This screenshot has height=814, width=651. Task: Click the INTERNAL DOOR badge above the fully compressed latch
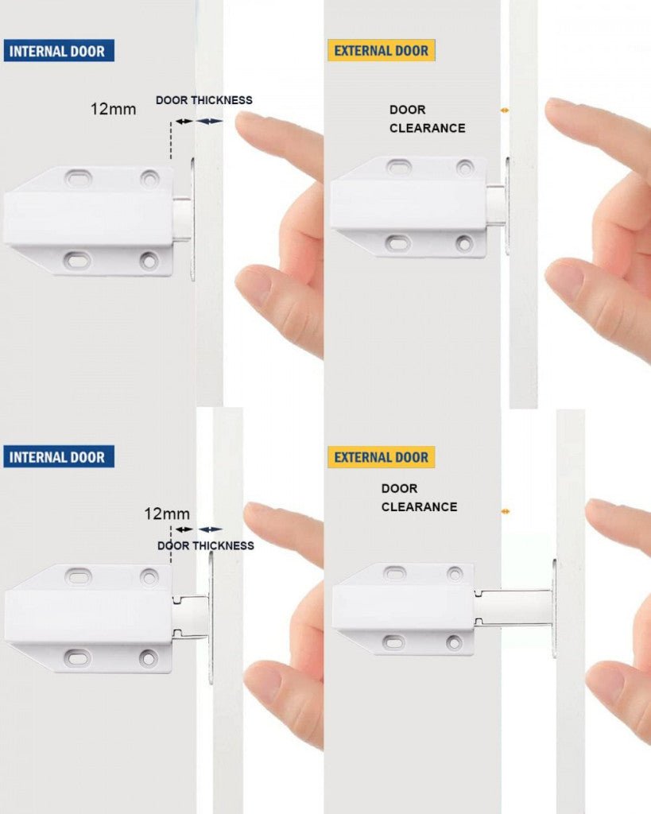(59, 51)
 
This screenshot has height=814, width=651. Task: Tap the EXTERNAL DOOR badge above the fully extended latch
(381, 457)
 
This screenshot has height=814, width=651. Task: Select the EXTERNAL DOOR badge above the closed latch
(381, 51)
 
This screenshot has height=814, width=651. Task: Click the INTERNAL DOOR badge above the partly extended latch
(59, 457)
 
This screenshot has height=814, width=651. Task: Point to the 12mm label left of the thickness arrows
(113, 109)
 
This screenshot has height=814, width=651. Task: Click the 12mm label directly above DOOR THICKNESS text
(166, 514)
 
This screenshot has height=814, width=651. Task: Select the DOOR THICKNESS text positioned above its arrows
(203, 100)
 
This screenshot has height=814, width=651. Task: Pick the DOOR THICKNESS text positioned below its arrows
(205, 545)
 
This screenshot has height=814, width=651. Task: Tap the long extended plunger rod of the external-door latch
(513, 607)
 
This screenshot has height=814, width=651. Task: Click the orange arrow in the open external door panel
(504, 511)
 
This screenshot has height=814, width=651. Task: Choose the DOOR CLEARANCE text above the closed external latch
(427, 118)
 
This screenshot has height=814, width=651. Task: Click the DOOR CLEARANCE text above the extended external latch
(419, 498)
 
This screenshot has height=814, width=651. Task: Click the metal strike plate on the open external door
(554, 607)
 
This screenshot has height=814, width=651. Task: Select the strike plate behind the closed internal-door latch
(192, 219)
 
